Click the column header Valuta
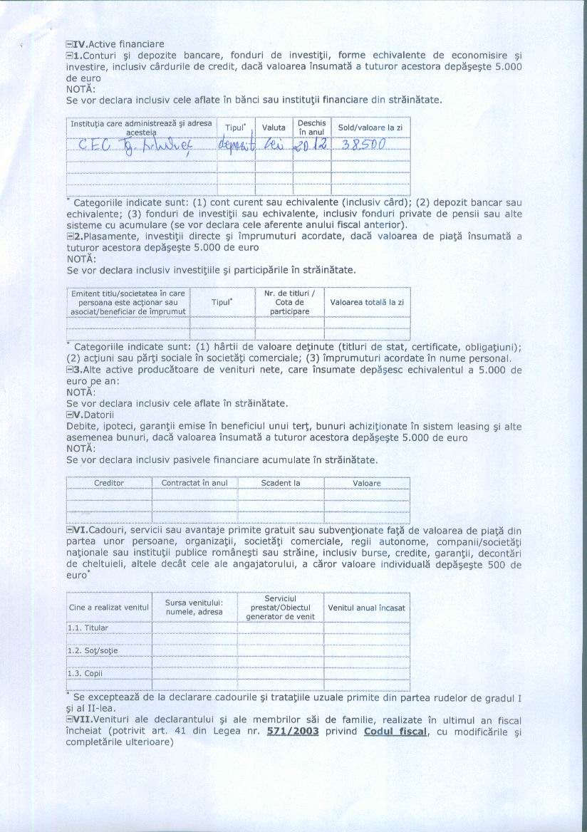tap(274, 128)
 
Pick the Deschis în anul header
tap(311, 128)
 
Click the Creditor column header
tap(109, 483)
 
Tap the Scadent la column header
tap(280, 483)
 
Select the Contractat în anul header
tap(194, 483)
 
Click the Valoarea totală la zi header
tap(367, 302)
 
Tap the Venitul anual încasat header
tap(366, 608)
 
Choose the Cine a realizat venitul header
tap(108, 608)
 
